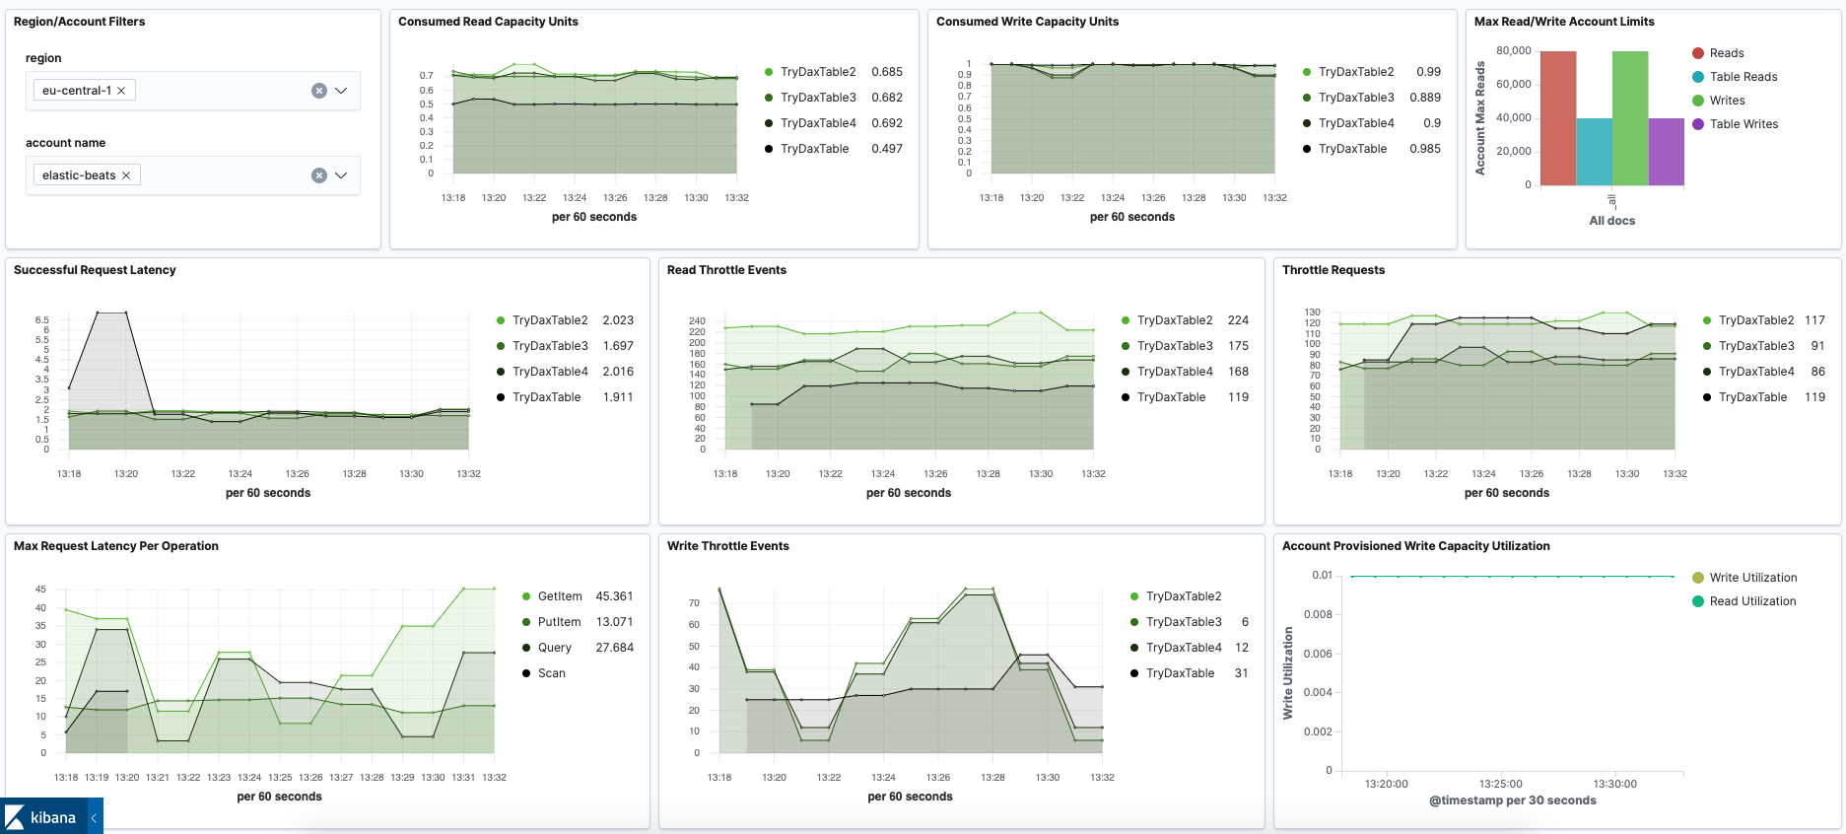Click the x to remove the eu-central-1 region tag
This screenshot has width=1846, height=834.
pos(121,91)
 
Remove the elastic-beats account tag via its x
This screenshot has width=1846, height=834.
pos(126,175)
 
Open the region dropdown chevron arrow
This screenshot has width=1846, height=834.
pos(341,91)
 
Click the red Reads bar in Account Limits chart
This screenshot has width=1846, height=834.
pos(1557,118)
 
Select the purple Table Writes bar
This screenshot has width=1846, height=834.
pos(1666,152)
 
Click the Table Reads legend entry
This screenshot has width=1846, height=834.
pos(1743,77)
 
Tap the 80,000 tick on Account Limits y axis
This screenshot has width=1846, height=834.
pos(1513,50)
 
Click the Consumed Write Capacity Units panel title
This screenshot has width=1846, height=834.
pos(1027,22)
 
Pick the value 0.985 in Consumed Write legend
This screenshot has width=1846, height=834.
pos(1424,149)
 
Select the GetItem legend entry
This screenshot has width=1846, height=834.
pos(559,596)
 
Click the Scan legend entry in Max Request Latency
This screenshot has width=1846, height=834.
pos(551,673)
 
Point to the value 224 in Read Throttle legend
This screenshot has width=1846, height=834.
pos(1238,320)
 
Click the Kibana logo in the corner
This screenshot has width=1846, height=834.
pos(41,817)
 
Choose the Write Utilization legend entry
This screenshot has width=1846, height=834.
pos(1752,578)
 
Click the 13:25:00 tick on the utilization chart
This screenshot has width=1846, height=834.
pos(1500,784)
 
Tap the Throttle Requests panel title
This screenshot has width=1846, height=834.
pos(1333,270)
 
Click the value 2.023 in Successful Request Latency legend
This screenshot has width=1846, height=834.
pos(618,320)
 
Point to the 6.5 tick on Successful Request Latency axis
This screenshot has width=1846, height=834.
pos(41,320)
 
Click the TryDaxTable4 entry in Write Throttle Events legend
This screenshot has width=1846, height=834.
pos(1183,648)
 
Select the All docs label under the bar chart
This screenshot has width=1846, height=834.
pos(1611,221)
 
